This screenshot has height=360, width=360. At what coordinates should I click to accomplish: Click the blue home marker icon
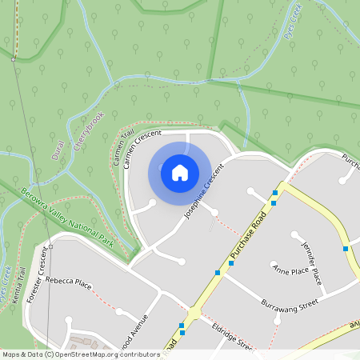click(x=179, y=172)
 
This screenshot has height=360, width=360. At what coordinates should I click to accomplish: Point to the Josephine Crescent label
click(x=202, y=190)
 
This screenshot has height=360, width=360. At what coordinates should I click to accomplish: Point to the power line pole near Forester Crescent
click(x=50, y=247)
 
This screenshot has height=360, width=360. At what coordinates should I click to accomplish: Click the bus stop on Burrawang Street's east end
click(x=346, y=249)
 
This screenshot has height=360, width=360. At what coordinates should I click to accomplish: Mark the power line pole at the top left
click(x=14, y=58)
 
